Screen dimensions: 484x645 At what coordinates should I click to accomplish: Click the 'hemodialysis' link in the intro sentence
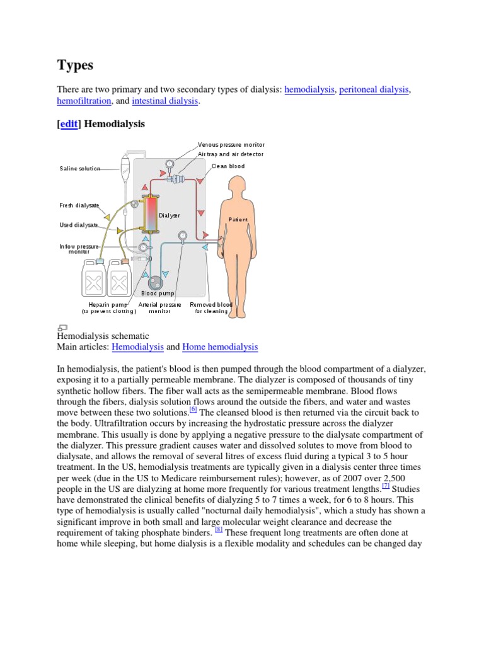click(309, 90)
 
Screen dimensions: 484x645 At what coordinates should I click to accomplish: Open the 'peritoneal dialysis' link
click(374, 90)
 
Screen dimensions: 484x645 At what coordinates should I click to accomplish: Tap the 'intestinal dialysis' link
click(165, 101)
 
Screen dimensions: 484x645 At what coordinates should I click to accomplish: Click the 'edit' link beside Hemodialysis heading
click(69, 124)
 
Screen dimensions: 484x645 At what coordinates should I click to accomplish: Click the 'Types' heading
click(75, 64)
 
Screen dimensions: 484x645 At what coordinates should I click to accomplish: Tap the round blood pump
click(154, 285)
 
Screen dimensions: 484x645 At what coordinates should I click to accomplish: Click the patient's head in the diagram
click(238, 187)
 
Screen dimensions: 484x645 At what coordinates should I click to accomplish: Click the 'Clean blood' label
click(228, 166)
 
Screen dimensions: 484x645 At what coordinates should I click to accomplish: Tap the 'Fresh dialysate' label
click(75, 205)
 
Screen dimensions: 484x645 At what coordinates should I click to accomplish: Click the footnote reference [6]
click(193, 409)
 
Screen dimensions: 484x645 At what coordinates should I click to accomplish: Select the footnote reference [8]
click(219, 530)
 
